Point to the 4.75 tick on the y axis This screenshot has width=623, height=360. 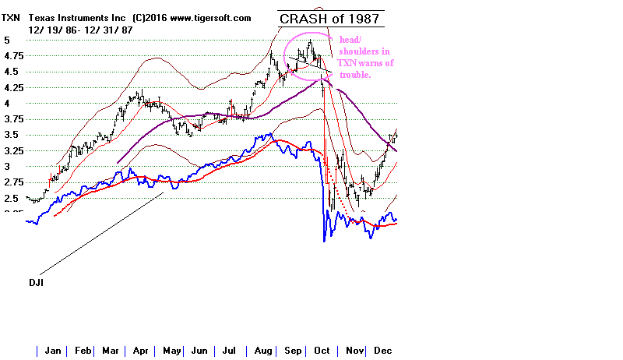pyautogui.click(x=13, y=56)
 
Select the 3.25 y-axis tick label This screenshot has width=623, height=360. pyautogui.click(x=13, y=151)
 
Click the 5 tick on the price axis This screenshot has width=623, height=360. pyautogui.click(x=6, y=41)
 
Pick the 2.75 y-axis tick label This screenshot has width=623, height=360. pyautogui.click(x=13, y=182)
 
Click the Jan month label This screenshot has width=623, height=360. pyautogui.click(x=53, y=351)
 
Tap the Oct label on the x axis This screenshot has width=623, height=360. pyautogui.click(x=320, y=351)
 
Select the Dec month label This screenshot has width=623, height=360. pyautogui.click(x=382, y=351)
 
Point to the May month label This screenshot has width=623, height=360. pyautogui.click(x=171, y=351)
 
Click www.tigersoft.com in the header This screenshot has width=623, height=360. pyautogui.click(x=210, y=17)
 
